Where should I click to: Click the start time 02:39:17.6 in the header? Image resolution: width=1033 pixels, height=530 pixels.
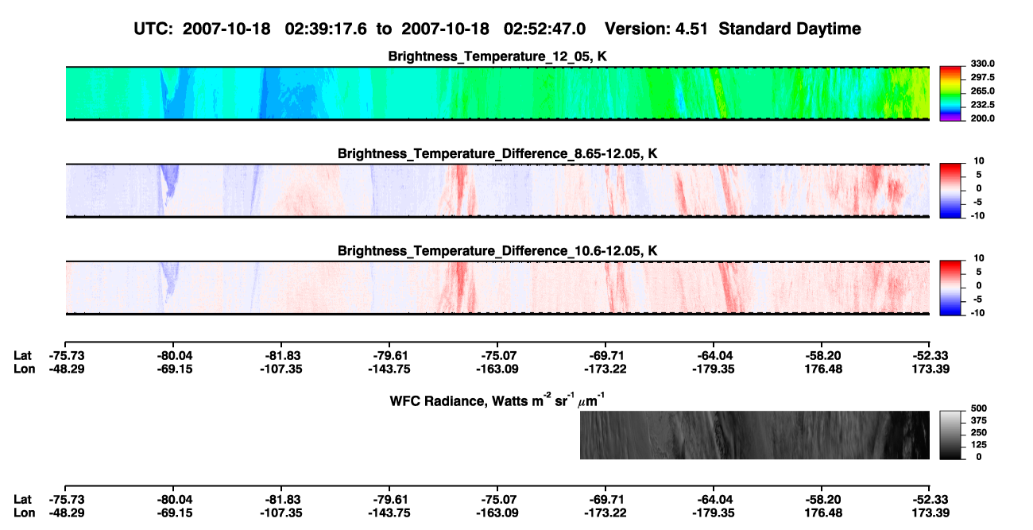pos(326,29)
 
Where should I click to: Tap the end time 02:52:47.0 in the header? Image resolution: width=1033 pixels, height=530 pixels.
pos(544,29)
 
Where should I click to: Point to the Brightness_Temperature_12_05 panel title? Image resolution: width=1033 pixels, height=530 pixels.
pos(497,56)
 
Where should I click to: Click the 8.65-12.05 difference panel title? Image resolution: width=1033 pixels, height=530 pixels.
pos(497,153)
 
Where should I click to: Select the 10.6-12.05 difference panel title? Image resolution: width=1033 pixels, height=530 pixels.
pos(497,251)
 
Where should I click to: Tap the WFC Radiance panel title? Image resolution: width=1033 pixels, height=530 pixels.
pos(497,400)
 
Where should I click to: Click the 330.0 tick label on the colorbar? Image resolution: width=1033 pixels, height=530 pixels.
pos(982,64)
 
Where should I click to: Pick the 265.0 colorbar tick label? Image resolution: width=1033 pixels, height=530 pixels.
pos(982,91)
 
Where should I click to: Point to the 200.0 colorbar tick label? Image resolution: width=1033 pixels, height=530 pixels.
pos(982,118)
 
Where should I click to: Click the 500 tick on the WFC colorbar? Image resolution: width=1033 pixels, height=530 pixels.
pos(979,408)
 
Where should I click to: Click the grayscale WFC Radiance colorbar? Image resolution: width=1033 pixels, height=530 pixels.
pos(950,435)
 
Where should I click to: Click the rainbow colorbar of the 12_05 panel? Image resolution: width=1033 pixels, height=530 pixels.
pos(950,94)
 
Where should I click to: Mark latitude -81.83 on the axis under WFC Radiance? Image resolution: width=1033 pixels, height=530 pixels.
pos(281,500)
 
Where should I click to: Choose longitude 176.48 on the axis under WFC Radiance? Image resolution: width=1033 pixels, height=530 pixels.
pos(823,513)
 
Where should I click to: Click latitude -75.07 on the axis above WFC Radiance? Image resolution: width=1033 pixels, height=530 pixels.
pos(498,356)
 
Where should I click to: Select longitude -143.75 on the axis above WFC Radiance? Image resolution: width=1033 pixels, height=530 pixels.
pos(389,369)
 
